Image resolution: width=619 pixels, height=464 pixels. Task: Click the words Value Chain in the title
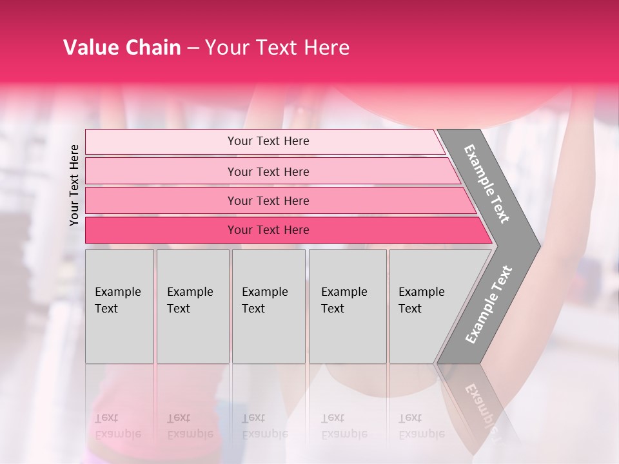122,48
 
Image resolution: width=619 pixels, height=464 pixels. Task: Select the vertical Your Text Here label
74,185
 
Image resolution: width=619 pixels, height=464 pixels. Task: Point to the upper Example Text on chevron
487,184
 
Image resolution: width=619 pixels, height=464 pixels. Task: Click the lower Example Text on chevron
488,304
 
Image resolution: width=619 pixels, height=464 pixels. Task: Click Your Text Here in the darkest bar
268,230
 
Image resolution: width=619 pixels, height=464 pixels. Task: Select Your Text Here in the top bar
268,141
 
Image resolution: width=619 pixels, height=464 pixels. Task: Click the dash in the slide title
193,48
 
